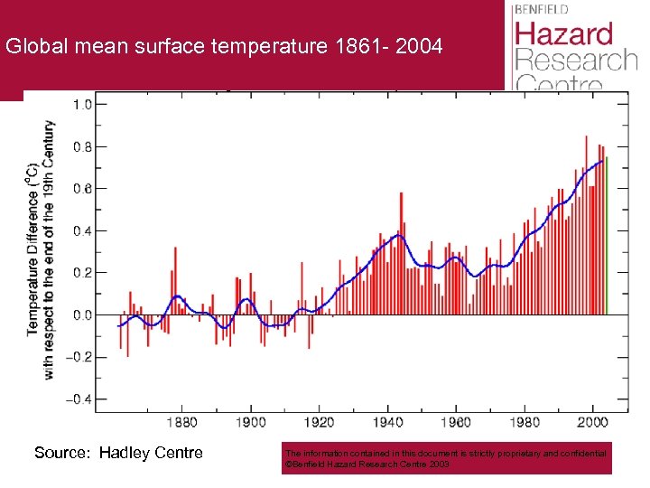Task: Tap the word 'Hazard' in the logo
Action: (564, 35)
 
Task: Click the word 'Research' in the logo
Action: (575, 61)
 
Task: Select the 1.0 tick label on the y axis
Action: (81, 104)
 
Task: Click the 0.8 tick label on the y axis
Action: (81, 146)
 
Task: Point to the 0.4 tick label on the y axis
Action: (81, 230)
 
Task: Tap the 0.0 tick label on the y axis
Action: (81, 314)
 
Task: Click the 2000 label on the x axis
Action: (592, 422)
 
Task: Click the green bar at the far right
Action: (607, 235)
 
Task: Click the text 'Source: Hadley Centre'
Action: (118, 453)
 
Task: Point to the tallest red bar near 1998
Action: (586, 226)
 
